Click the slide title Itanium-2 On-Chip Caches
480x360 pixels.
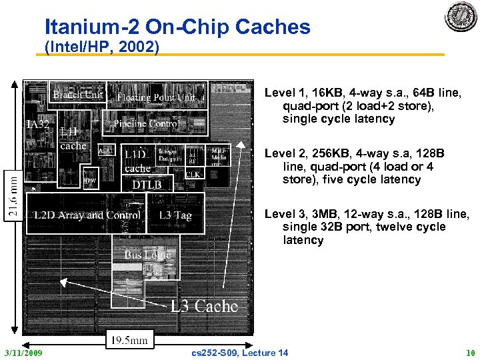click(177, 27)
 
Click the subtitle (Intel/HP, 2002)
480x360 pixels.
click(101, 47)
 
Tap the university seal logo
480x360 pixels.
click(461, 16)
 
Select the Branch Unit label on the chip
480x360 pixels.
click(78, 95)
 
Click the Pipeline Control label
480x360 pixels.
click(146, 124)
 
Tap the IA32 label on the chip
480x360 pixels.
click(39, 125)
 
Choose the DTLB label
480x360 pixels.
click(147, 185)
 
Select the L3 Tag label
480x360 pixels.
click(175, 215)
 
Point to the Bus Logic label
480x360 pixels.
click(147, 255)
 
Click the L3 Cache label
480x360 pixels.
click(204, 306)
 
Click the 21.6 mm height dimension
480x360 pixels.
click(13, 195)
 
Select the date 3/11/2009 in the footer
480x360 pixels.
click(23, 353)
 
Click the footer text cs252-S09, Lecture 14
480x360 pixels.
click(239, 353)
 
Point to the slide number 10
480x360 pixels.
click(471, 353)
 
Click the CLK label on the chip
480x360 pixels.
click(193, 174)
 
